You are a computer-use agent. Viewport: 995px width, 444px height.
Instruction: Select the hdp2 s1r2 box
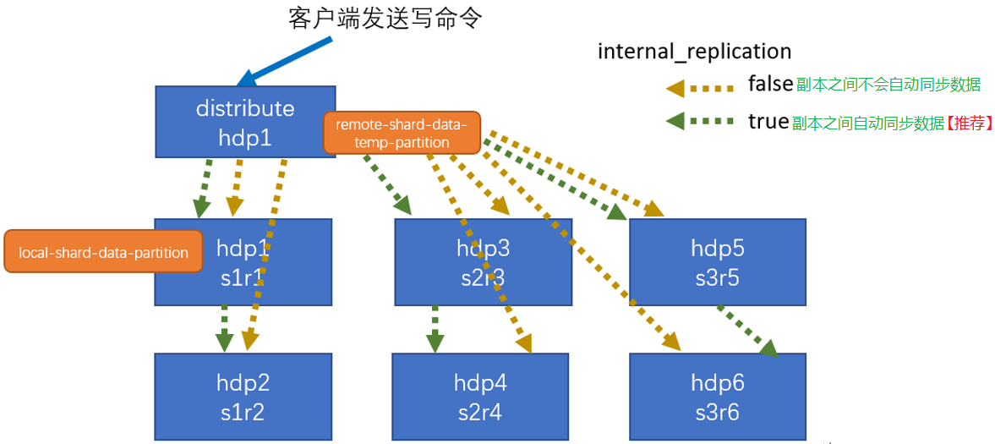tap(243, 396)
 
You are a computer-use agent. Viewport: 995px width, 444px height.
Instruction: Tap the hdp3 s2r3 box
tap(484, 261)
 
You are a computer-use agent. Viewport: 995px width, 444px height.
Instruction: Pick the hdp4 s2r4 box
tap(480, 396)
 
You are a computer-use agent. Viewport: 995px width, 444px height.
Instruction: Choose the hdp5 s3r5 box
tap(717, 261)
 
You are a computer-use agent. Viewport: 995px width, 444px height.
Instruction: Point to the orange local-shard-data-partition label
tap(103, 252)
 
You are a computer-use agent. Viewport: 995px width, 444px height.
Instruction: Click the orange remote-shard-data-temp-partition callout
tap(402, 133)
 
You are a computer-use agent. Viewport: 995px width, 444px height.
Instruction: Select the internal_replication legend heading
tap(694, 52)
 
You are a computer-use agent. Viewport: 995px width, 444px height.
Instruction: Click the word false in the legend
tap(769, 84)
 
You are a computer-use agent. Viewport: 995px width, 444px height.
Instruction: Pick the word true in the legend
tap(768, 121)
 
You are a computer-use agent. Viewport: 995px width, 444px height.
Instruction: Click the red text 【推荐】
tap(969, 123)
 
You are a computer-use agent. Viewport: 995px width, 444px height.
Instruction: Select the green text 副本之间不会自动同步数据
tap(888, 85)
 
